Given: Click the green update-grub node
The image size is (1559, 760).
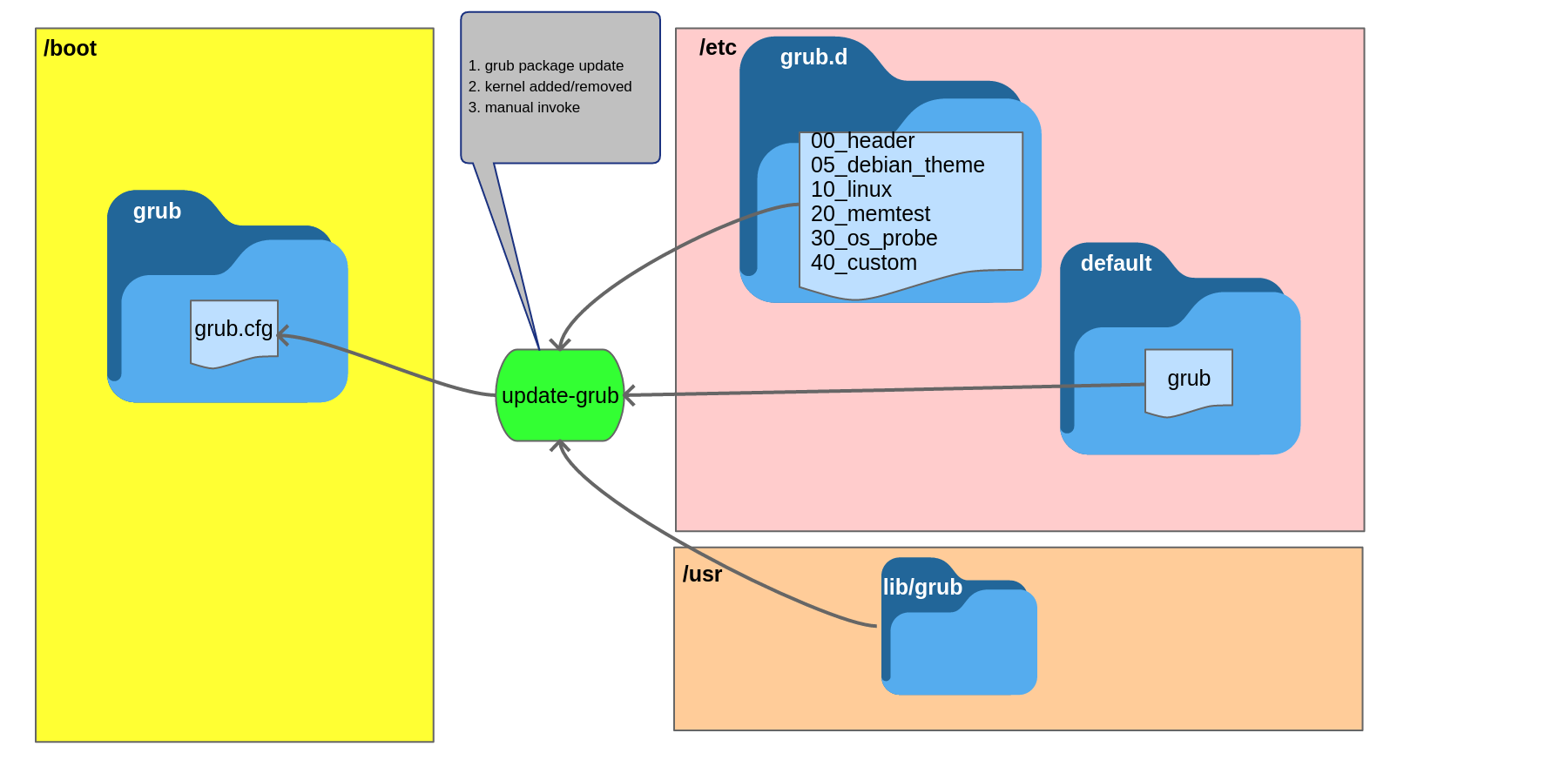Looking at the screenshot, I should coord(560,395).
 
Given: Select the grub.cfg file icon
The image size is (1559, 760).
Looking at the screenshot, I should coord(233,331).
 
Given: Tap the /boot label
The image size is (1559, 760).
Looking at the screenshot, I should coord(70,49).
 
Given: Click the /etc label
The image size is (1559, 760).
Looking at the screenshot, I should coord(718,48).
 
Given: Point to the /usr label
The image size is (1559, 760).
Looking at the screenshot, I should coord(702,575).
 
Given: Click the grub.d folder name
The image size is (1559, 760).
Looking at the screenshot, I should coord(813,57).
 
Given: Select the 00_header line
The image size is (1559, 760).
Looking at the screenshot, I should coord(862,141).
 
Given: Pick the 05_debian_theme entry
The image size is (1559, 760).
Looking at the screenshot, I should coord(897,165).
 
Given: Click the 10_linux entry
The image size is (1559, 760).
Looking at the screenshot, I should coord(851,190).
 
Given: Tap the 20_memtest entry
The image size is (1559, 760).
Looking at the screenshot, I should coord(870,214).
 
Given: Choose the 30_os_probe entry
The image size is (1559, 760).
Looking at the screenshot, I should coord(874,239).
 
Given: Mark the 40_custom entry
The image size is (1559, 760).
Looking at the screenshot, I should coord(863,263).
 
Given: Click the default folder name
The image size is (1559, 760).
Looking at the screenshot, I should coord(1116,264).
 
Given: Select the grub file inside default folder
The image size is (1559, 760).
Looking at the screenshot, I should coord(1189,380).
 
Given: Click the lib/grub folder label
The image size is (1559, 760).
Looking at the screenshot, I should coord(922,588).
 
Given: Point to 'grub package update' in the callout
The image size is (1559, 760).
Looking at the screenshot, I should coord(554,66).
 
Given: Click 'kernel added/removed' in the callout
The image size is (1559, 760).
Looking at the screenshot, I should coord(558,87).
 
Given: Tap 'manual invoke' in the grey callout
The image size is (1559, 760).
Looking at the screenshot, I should coord(532,108).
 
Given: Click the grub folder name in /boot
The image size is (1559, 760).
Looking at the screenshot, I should coord(157,212).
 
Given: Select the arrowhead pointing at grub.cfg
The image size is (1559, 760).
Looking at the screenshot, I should coord(281,335).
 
